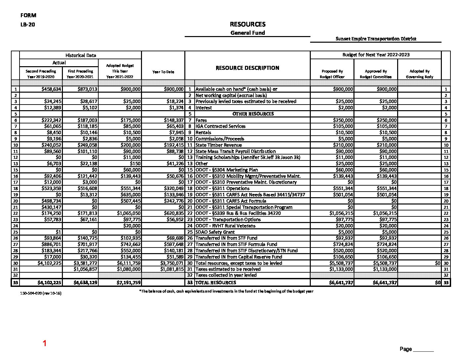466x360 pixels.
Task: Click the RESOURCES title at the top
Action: [x=248, y=24]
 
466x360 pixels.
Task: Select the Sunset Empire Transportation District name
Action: [x=376, y=39]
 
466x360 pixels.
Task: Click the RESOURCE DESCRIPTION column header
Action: [x=247, y=68]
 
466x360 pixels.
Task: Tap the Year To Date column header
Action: [x=163, y=72]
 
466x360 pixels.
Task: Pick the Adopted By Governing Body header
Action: [x=419, y=74]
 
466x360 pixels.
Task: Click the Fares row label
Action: [x=201, y=120]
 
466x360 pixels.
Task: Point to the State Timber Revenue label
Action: [x=218, y=145]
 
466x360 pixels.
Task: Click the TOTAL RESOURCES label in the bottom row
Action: [x=216, y=283]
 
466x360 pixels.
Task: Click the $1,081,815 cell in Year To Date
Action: [x=172, y=269]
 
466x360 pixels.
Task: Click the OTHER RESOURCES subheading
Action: [x=253, y=114]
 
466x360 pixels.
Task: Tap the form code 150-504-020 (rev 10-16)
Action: [x=40, y=293]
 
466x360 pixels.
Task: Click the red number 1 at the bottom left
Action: [x=45, y=343]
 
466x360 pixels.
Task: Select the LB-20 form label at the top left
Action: [x=27, y=24]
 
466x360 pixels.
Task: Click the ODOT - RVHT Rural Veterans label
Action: [x=225, y=226]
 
